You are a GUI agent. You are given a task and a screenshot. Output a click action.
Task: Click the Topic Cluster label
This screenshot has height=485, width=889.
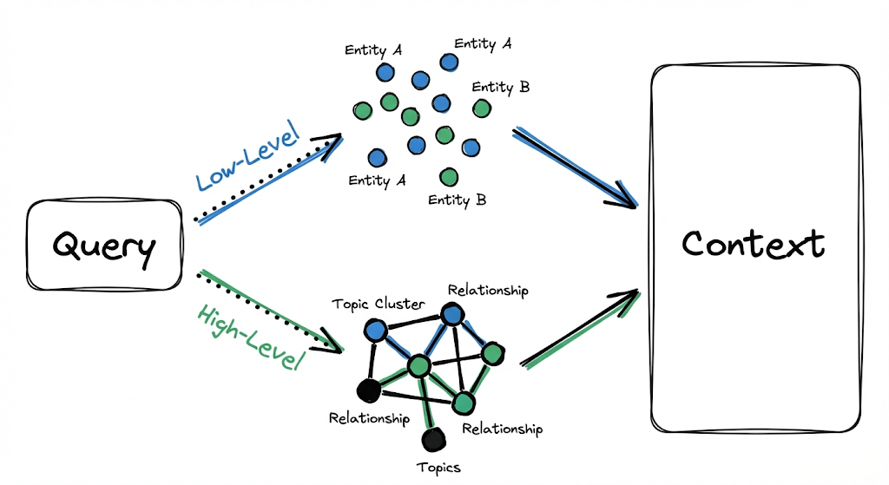coord(377,304)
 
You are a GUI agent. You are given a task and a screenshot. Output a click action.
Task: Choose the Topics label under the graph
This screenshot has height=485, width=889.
coord(438,467)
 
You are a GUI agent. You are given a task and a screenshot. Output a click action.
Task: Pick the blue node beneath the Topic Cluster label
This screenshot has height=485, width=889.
coord(375,330)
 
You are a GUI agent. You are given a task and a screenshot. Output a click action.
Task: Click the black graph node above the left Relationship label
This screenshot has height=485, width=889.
coord(368,391)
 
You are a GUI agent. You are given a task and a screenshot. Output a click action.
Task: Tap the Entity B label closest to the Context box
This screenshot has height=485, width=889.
coord(501,87)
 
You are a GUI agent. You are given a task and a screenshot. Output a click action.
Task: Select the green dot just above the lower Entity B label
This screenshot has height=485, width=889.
coord(449,177)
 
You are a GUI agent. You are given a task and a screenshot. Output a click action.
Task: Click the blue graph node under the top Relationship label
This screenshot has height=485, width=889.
coord(452,314)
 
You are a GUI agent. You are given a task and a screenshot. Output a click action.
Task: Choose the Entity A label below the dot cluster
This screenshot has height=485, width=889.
coord(378,180)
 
